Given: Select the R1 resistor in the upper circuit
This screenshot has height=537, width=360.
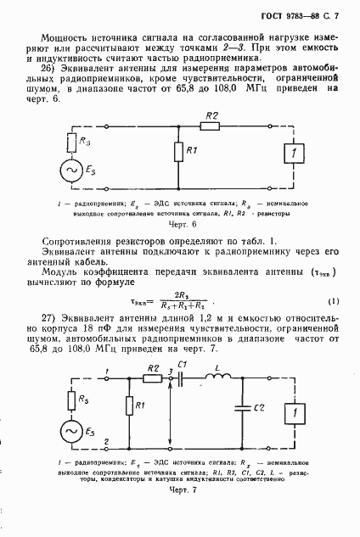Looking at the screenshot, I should pos(178,153).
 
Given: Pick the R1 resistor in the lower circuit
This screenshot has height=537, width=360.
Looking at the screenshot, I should pos(129,407).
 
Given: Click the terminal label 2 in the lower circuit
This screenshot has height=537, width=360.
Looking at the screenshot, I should pos(106,441).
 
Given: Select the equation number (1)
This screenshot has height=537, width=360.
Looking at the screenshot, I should pos(334,302).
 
